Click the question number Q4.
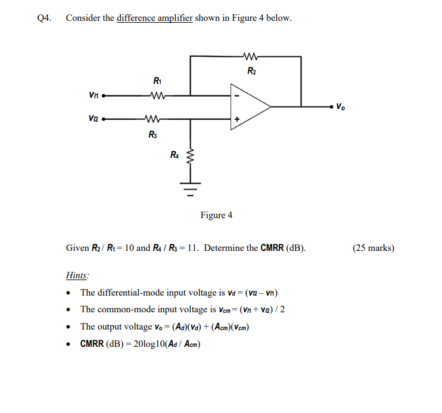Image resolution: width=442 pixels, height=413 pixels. [x=44, y=18]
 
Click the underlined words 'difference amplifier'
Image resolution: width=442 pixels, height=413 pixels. [x=154, y=18]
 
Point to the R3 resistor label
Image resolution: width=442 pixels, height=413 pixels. [x=153, y=135]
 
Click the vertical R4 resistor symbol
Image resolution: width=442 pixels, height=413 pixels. [x=191, y=159]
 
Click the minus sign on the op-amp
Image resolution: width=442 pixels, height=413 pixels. [x=236, y=95]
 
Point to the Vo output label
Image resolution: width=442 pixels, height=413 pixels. [x=340, y=108]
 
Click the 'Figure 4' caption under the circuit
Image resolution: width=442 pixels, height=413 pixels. [x=216, y=215]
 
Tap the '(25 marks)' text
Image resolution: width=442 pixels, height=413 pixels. [x=373, y=248]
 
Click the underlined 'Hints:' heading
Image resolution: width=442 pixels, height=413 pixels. [x=77, y=276]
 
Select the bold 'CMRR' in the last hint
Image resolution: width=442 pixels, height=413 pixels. [x=93, y=344]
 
